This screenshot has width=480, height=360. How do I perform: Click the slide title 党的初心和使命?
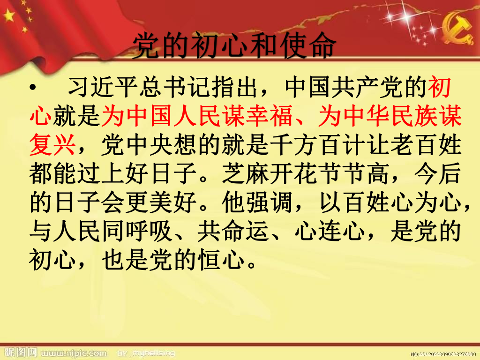(234, 45)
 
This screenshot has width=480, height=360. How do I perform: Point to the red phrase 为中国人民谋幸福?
(197, 116)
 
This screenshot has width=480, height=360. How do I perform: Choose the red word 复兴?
(52, 145)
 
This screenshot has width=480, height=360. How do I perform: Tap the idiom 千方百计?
(319, 145)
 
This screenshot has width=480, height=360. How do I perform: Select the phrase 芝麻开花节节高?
(305, 173)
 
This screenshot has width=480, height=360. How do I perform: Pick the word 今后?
(438, 173)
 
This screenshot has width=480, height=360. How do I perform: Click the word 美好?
(173, 202)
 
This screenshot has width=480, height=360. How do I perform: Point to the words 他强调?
(257, 202)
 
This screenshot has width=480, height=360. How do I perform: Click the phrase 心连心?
(330, 231)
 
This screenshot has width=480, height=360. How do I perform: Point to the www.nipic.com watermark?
(74, 353)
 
